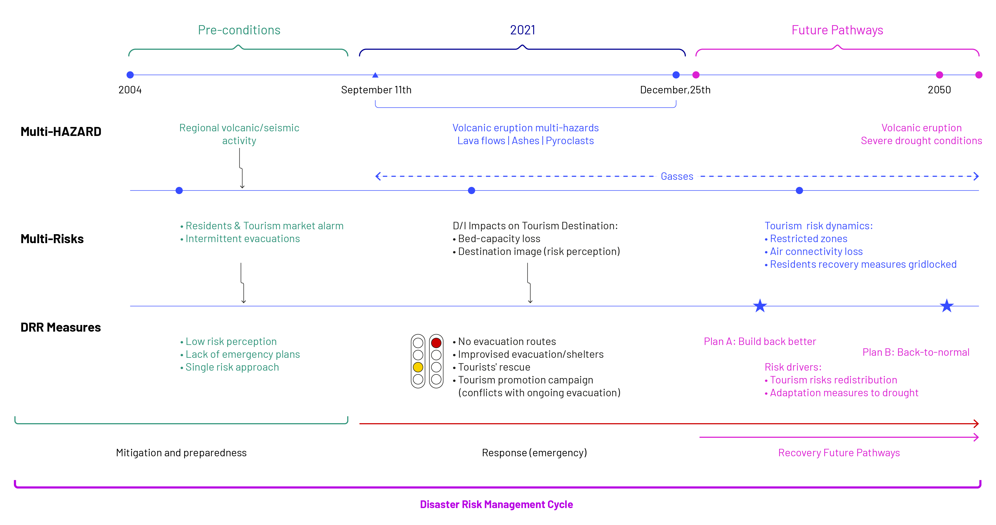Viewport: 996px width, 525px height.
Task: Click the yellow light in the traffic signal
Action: coord(418,367)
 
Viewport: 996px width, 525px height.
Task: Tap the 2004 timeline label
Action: coord(130,90)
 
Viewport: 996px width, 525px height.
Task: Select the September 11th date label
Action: coord(376,90)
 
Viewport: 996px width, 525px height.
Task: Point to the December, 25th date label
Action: coord(675,90)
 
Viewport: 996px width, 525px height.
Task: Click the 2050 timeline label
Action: coord(939,90)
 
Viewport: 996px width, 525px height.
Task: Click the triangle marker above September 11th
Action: coord(375,75)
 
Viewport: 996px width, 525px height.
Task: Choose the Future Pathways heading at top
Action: coord(837,30)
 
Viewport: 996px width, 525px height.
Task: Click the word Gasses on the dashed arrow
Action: coord(677,176)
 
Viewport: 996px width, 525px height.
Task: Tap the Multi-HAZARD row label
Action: coord(61,132)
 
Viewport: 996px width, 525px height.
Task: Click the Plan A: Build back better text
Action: coord(760,341)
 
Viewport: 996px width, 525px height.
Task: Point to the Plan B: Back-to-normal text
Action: coord(916,352)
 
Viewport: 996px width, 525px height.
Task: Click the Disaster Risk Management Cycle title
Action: coord(496,504)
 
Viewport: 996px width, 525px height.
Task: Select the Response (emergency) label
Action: coord(534,453)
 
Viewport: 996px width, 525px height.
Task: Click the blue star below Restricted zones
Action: coord(760,306)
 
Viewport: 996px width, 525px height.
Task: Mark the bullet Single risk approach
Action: coord(230,367)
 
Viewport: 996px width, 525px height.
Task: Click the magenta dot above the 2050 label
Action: coord(939,75)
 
